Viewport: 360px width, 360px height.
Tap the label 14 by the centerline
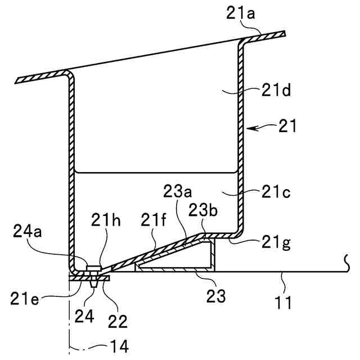[119, 347]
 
